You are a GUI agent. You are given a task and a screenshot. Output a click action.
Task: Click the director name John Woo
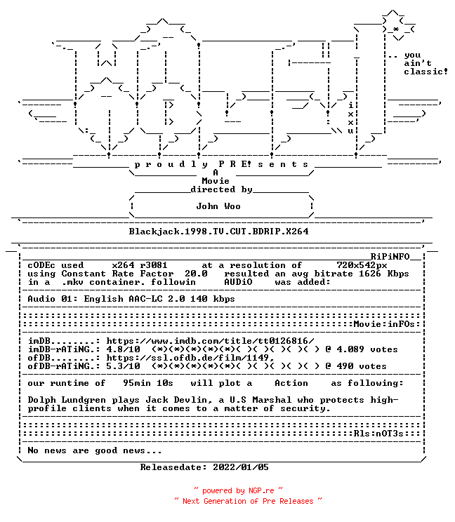tap(218, 206)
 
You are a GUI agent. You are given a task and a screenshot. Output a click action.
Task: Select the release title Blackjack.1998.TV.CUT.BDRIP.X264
tap(219, 232)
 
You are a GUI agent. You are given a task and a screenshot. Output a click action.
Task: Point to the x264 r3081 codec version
tap(140, 265)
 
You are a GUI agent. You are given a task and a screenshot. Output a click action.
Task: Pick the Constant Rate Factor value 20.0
tap(196, 274)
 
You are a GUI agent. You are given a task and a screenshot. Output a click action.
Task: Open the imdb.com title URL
tap(210, 341)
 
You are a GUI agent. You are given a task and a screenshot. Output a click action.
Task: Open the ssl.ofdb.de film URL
tap(190, 358)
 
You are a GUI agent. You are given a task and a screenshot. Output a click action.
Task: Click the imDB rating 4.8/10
tap(124, 349)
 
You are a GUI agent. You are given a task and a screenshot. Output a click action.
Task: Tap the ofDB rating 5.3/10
tap(124, 366)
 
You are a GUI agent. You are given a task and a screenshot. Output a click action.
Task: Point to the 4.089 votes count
tap(367, 349)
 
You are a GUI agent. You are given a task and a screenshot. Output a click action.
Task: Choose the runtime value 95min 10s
tap(148, 383)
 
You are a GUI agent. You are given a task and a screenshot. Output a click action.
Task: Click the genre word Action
tap(291, 383)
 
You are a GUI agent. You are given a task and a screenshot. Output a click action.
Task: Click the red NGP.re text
tap(261, 490)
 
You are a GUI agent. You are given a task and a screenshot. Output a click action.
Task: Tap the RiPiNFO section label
tap(390, 257)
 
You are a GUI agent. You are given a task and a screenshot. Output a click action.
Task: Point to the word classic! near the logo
tap(426, 72)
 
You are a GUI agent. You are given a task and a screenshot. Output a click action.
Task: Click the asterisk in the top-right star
tap(396, 29)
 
